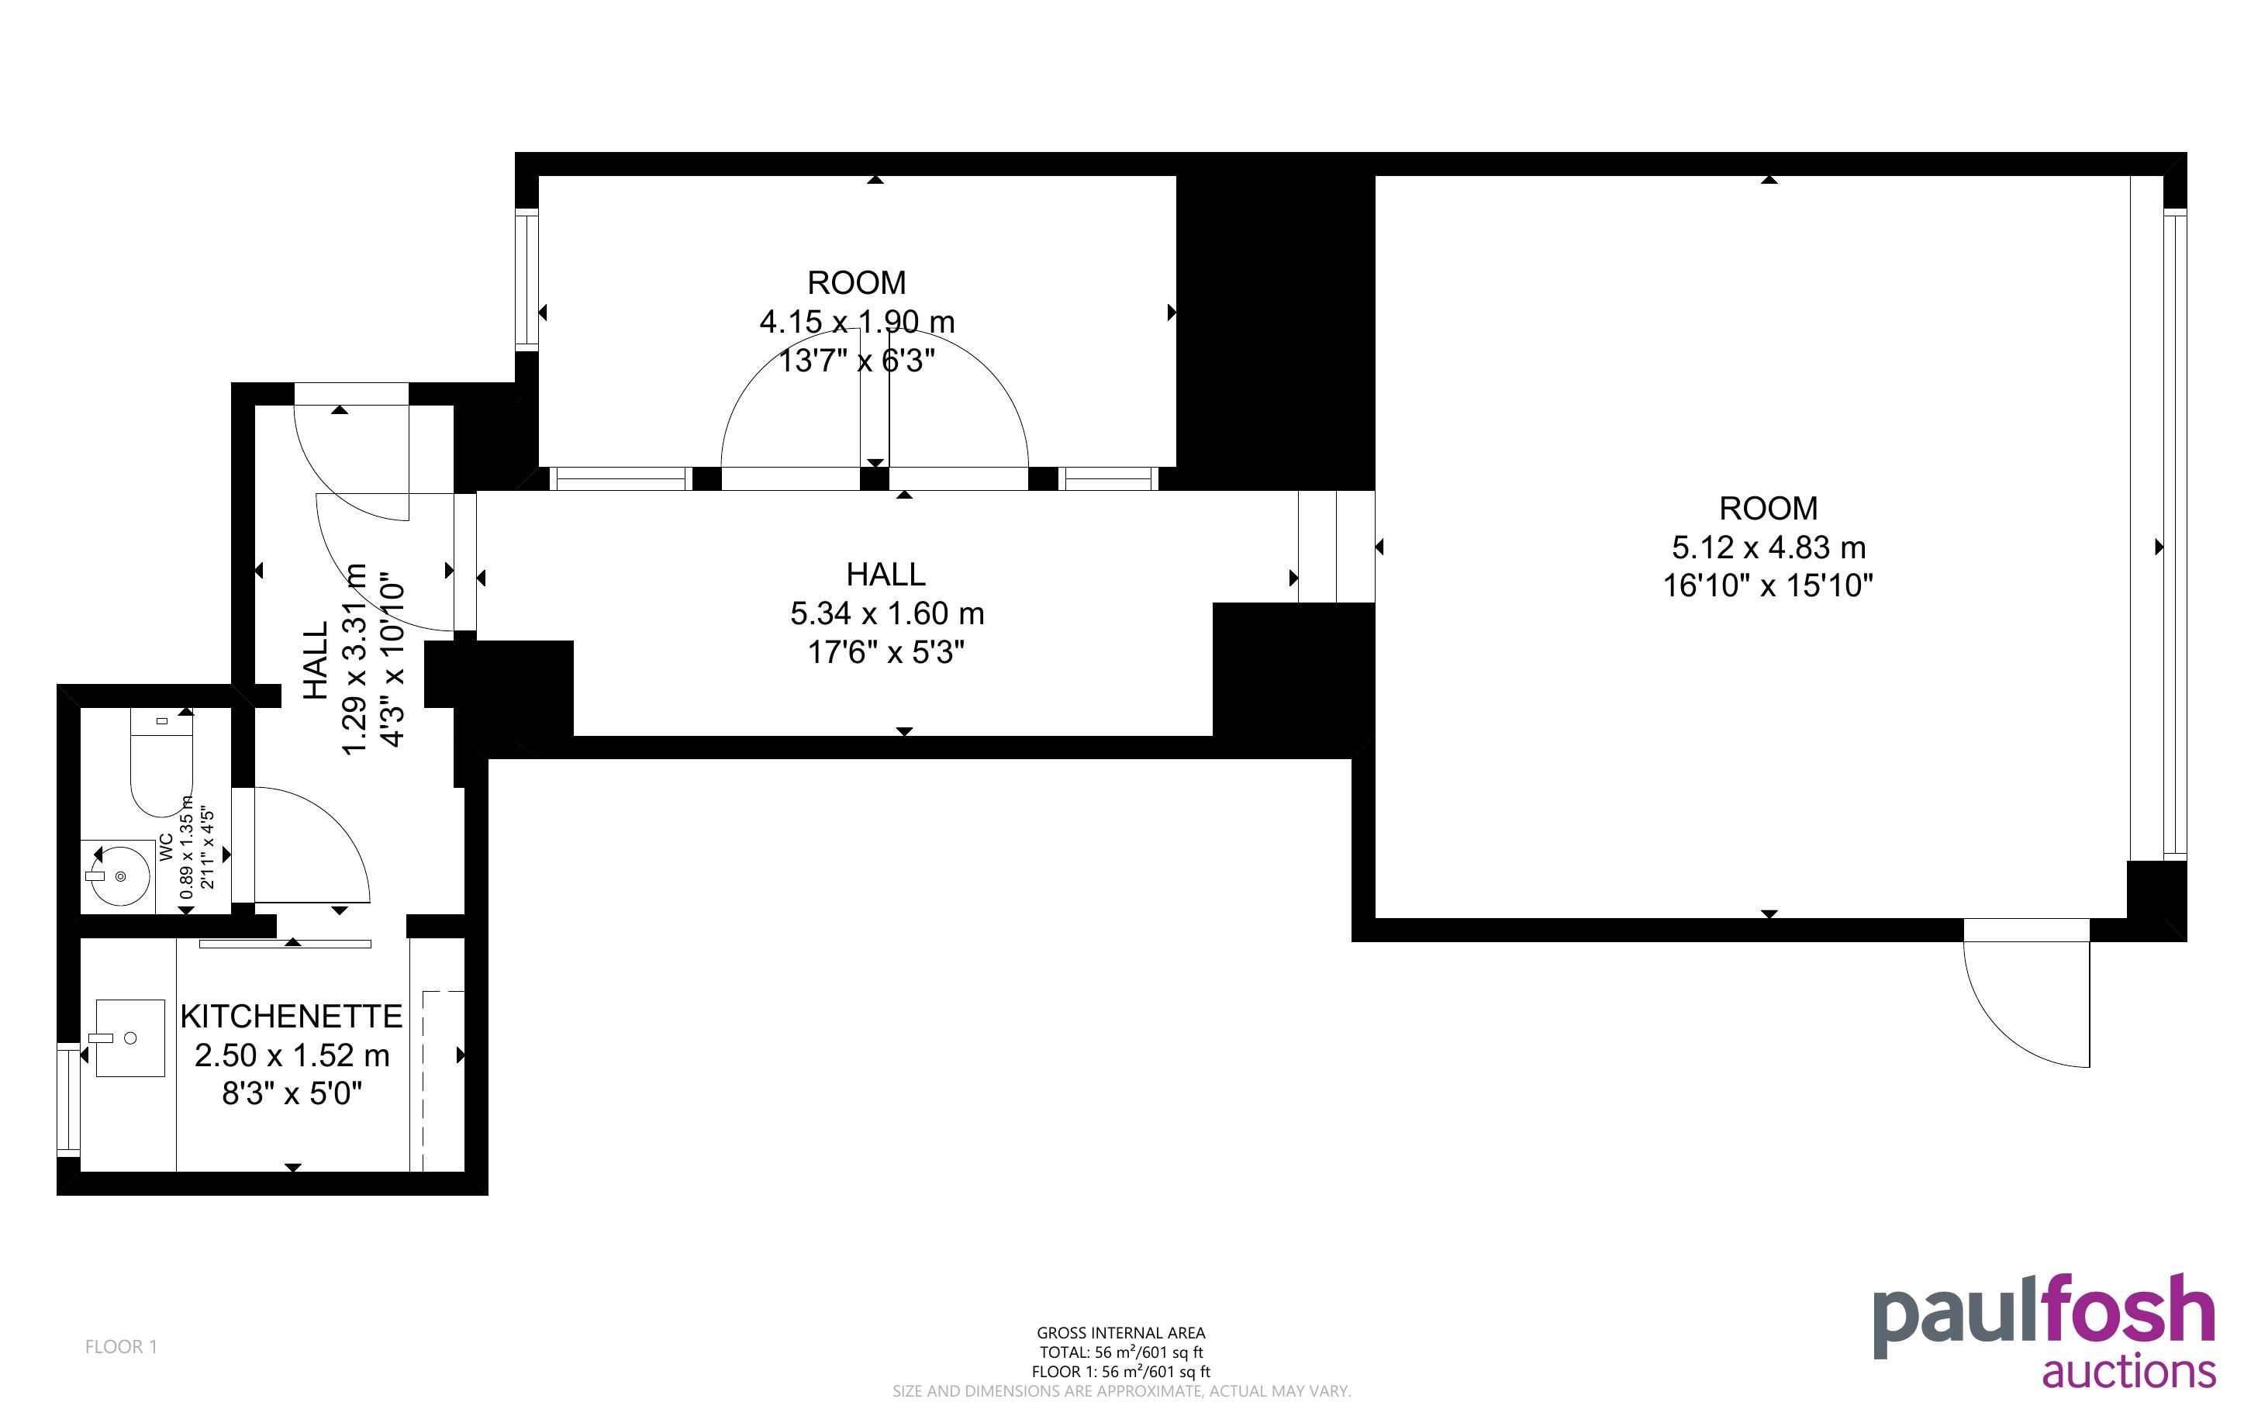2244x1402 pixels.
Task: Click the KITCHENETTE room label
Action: click(291, 1017)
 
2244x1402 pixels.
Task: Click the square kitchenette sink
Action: click(129, 1038)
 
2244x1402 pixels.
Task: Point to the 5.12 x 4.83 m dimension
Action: click(1769, 548)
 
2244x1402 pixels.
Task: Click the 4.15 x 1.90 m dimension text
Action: click(857, 322)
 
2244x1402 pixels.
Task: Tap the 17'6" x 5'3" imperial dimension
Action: click(886, 653)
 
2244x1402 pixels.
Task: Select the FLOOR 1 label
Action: click(122, 1346)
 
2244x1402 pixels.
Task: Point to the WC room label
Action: click(166, 848)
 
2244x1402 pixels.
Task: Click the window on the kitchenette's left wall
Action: click(68, 1100)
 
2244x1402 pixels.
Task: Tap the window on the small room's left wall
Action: click(526, 280)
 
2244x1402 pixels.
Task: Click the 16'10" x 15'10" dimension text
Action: click(1769, 586)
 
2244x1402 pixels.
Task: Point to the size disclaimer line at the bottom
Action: click(1121, 1391)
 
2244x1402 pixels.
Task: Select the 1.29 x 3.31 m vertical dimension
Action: click(356, 659)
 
